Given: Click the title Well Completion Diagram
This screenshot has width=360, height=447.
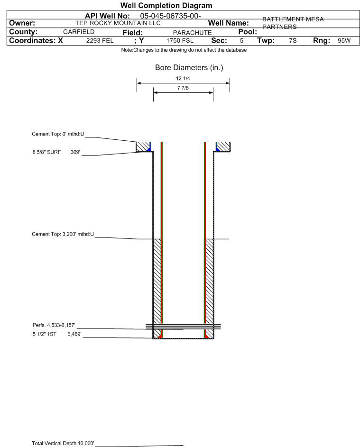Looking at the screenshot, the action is pyautogui.click(x=166, y=5).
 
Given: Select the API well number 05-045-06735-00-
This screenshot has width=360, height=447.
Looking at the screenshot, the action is pyautogui.click(x=171, y=16).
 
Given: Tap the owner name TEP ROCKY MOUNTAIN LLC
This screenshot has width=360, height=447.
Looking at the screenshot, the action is pyautogui.click(x=118, y=23).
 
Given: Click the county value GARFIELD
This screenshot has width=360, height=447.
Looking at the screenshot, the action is pyautogui.click(x=79, y=32).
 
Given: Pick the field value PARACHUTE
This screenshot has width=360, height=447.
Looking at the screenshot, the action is pyautogui.click(x=192, y=33).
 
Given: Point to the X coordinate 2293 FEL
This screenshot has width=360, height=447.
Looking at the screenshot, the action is pyautogui.click(x=100, y=40).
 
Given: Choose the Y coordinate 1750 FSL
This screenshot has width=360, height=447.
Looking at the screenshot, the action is pyautogui.click(x=180, y=40).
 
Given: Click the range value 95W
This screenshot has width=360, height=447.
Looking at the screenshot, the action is pyautogui.click(x=344, y=40).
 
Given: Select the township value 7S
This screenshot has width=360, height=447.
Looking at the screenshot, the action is pyautogui.click(x=293, y=40).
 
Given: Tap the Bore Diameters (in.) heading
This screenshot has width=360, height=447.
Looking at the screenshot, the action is pyautogui.click(x=189, y=68).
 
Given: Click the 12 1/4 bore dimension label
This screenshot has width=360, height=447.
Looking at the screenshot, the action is pyautogui.click(x=183, y=78).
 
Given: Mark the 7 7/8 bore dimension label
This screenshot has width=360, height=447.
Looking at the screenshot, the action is pyautogui.click(x=183, y=88).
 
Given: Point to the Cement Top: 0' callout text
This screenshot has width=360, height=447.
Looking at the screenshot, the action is pyautogui.click(x=58, y=134).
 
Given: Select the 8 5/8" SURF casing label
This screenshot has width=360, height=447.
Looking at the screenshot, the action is pyautogui.click(x=46, y=152).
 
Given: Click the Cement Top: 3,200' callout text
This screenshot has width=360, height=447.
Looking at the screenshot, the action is pyautogui.click(x=63, y=234).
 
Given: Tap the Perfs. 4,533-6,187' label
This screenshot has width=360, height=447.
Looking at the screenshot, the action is pyautogui.click(x=54, y=325).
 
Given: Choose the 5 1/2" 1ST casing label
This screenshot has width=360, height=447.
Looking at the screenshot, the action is pyautogui.click(x=45, y=334).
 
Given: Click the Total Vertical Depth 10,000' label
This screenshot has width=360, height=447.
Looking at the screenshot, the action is pyautogui.click(x=63, y=443).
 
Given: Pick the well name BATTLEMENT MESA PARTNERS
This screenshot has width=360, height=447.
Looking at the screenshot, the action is pyautogui.click(x=293, y=23).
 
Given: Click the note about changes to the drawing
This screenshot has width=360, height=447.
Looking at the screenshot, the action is pyautogui.click(x=184, y=50).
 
